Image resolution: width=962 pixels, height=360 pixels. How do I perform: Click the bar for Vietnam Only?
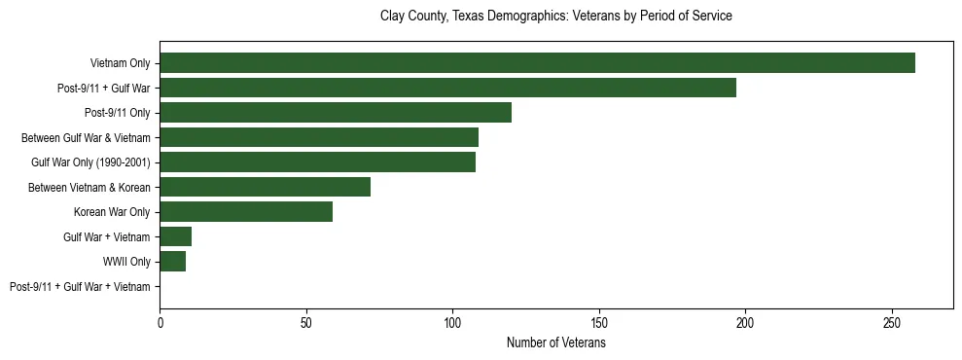537,63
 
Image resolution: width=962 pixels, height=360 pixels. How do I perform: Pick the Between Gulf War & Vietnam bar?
319,137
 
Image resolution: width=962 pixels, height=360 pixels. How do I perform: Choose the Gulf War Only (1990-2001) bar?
317,162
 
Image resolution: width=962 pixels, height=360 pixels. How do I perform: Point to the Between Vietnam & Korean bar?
265,187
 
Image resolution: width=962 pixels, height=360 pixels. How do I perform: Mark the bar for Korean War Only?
246,212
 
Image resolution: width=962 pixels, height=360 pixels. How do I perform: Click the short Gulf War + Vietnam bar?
176,236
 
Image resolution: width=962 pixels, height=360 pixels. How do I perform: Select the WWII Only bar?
173,262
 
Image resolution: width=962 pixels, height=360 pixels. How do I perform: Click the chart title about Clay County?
555,17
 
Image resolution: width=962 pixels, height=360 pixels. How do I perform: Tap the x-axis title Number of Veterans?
555,343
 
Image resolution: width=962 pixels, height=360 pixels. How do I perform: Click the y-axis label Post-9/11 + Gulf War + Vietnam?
80,287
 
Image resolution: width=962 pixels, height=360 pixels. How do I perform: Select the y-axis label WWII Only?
126,262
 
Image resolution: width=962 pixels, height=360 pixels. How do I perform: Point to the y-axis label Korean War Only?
112,212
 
